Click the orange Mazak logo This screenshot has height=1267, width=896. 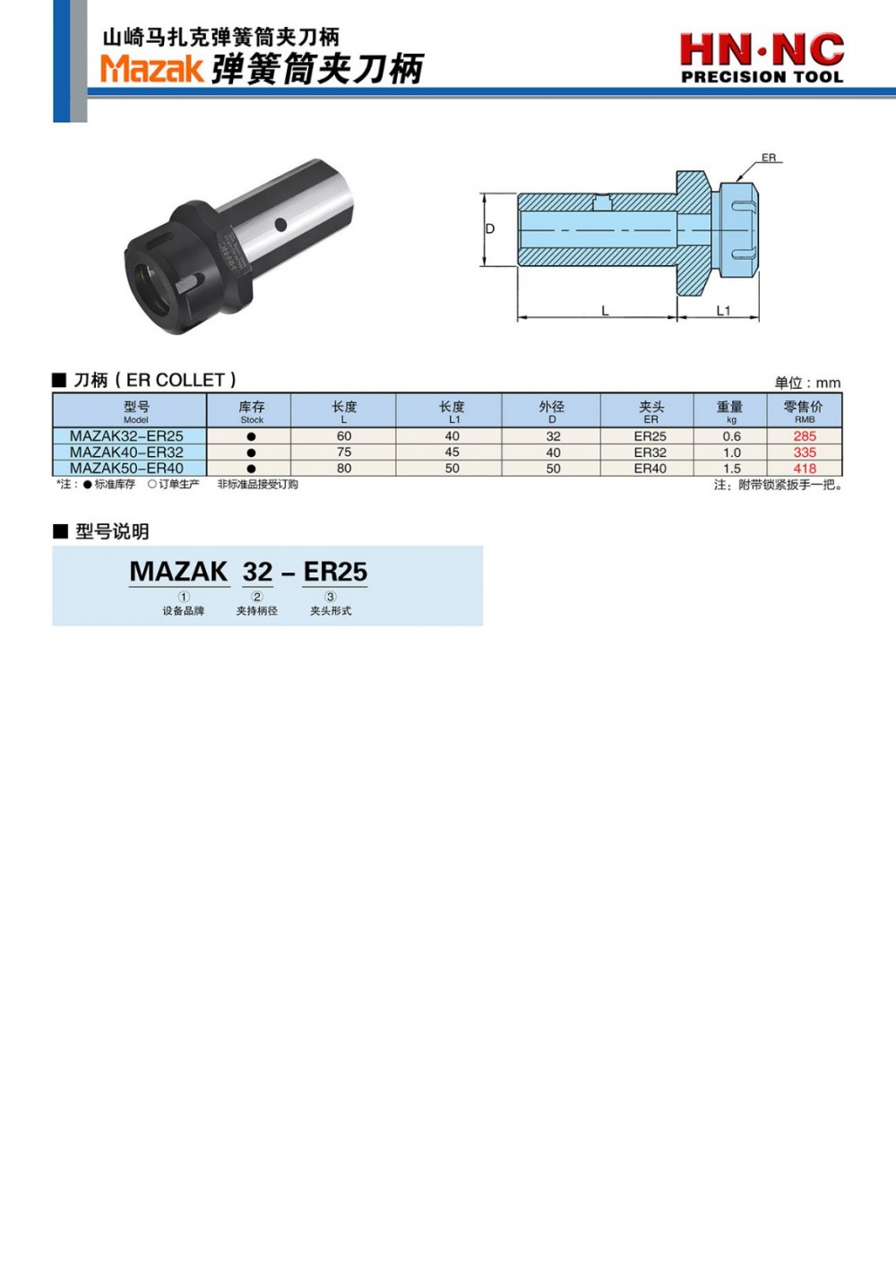pos(151,69)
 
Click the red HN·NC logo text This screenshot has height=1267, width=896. pos(762,50)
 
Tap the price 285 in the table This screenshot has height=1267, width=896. pos(805,436)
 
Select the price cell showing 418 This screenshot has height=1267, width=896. pos(805,469)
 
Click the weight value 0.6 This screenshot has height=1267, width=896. pos(731,436)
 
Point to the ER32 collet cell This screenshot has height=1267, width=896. pos(650,452)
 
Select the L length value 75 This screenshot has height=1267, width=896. pos(344,452)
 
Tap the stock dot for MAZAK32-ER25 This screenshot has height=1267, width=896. pos(252,436)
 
